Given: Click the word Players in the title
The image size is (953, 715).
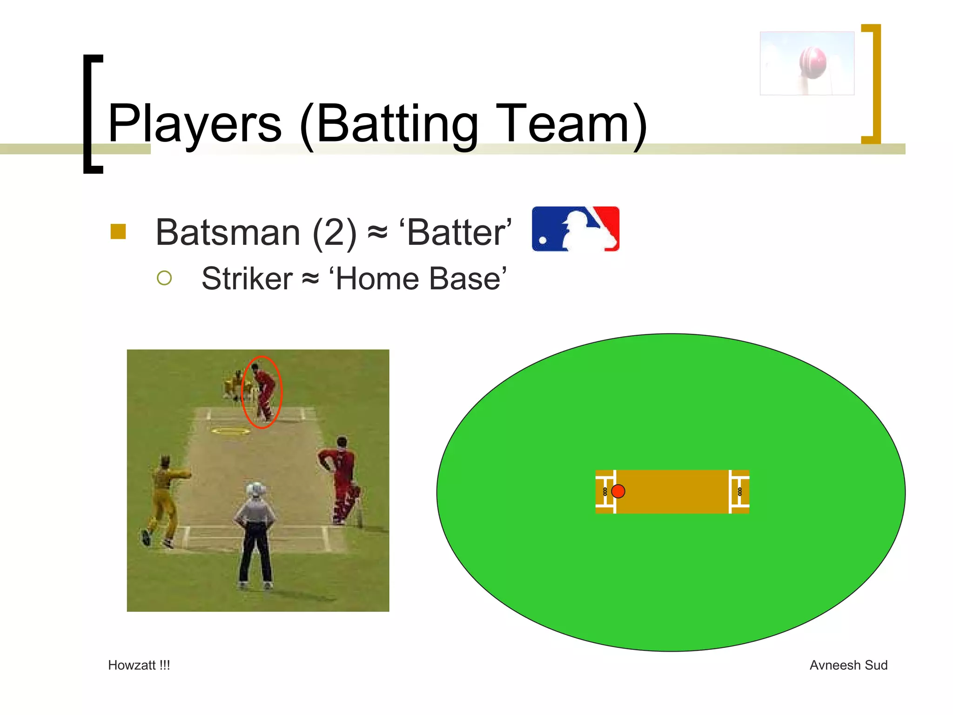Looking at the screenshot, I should pos(195,124).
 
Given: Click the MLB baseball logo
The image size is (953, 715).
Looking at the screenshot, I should pos(575,229).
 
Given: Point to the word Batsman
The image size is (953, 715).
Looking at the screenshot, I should pos(228,232).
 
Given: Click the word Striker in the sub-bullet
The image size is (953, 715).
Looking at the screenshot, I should pos(247,279).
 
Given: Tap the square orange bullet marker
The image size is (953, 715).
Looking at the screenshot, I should pos(118,231).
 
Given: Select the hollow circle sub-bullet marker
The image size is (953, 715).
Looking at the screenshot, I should pos(164,278).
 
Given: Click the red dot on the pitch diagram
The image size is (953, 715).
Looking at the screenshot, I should pos(618,491).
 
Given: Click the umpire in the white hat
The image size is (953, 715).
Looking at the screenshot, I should pos(255,531).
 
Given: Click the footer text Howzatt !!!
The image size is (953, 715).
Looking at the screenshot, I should pos(139,665).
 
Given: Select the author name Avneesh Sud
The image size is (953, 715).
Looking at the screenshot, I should pos(848,665).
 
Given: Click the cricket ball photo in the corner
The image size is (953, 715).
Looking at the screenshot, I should pos(807,63).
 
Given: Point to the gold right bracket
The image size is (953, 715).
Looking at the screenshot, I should pos(872,84).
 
